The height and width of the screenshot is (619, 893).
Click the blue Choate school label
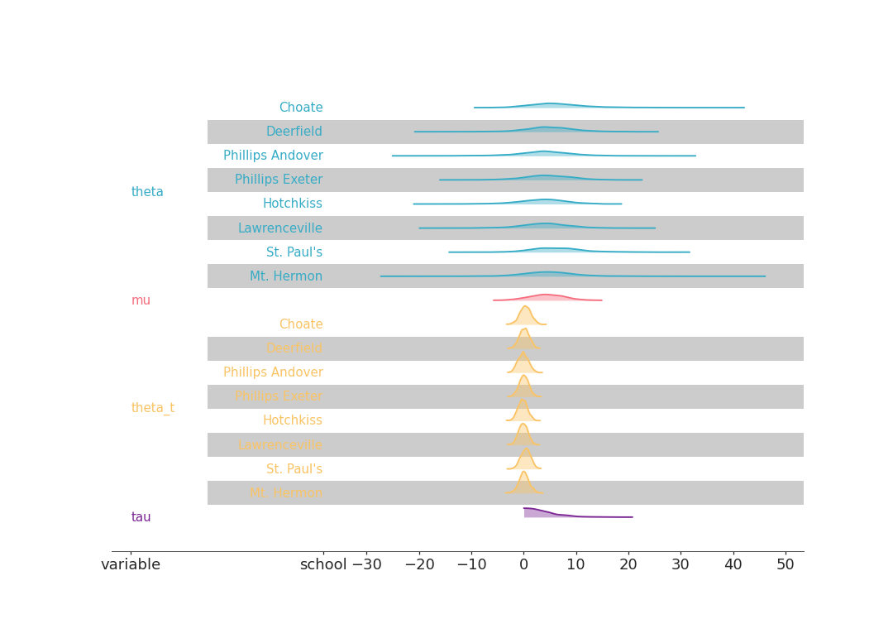tap(300, 108)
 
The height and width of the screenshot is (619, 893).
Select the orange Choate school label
tap(300, 324)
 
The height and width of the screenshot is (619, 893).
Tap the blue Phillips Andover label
tap(273, 156)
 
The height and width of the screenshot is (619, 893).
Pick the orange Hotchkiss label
tap(292, 420)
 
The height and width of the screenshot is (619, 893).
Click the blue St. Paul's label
tap(294, 252)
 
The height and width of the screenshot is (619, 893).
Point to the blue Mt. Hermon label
tap(286, 276)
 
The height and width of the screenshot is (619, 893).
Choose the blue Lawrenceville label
tap(279, 228)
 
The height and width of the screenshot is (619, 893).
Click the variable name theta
tap(147, 192)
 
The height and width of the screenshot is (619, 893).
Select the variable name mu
tap(141, 300)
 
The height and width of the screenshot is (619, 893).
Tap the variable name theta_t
tap(152, 408)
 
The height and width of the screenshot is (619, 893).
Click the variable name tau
tap(141, 517)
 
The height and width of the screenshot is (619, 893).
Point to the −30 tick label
tap(366, 565)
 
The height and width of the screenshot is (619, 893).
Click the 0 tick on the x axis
tap(523, 565)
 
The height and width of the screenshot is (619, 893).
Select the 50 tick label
tap(785, 565)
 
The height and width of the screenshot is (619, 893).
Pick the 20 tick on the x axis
tap(628, 565)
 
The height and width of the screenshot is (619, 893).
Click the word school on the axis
tap(323, 565)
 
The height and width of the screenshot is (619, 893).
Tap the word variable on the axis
tap(131, 565)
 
